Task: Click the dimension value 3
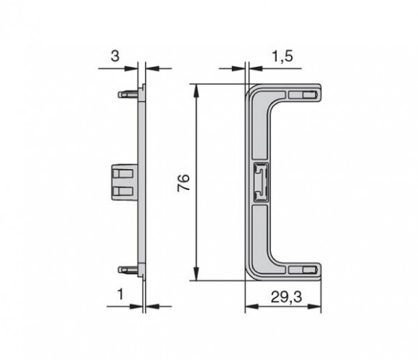[115, 56]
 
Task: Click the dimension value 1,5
[283, 57]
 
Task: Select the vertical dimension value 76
[184, 182]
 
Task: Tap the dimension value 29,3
[287, 297]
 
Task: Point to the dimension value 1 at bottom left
[121, 294]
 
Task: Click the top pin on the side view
[128, 94]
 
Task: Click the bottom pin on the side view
[128, 270]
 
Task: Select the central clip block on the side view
[124, 182]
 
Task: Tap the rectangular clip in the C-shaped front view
[260, 181]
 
